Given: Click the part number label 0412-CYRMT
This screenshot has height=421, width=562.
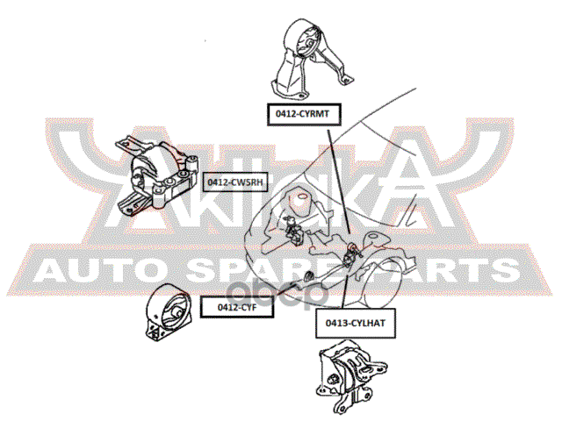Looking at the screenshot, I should (300, 112).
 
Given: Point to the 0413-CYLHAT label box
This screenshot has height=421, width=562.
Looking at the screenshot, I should (349, 324).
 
